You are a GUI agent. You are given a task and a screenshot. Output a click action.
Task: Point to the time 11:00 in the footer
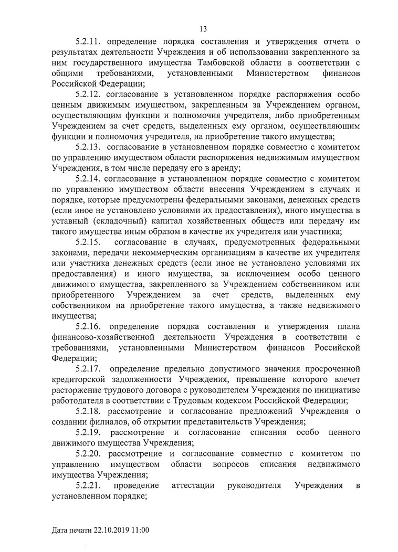[140, 530]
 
